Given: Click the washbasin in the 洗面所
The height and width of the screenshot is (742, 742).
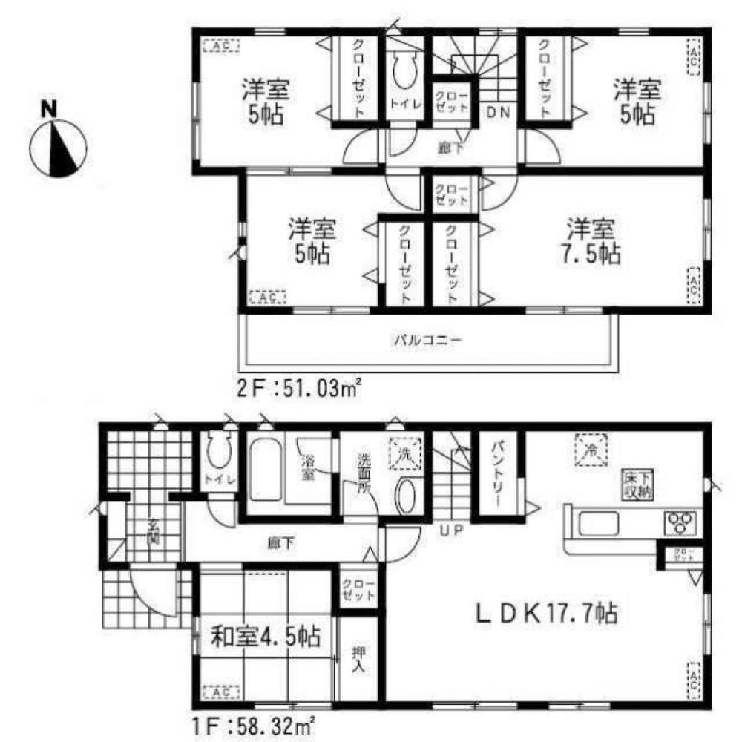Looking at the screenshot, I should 407,496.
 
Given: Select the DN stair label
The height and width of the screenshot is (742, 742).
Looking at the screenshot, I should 495,114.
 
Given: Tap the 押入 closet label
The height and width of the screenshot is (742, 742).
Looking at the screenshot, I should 358,660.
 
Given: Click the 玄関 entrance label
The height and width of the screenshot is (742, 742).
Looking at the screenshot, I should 152,533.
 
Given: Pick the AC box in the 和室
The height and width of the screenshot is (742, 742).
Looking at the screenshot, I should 218,692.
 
